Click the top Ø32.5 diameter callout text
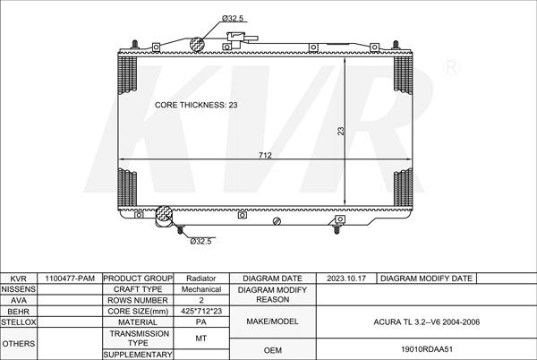(x=233, y=19)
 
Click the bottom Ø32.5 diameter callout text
(x=200, y=241)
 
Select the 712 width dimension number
(x=265, y=155)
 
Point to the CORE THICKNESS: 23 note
(x=196, y=105)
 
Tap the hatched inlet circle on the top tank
(x=197, y=44)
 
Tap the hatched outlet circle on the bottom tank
(x=164, y=213)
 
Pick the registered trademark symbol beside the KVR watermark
(x=451, y=67)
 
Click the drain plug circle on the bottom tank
(x=277, y=221)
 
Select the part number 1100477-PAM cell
(x=70, y=279)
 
